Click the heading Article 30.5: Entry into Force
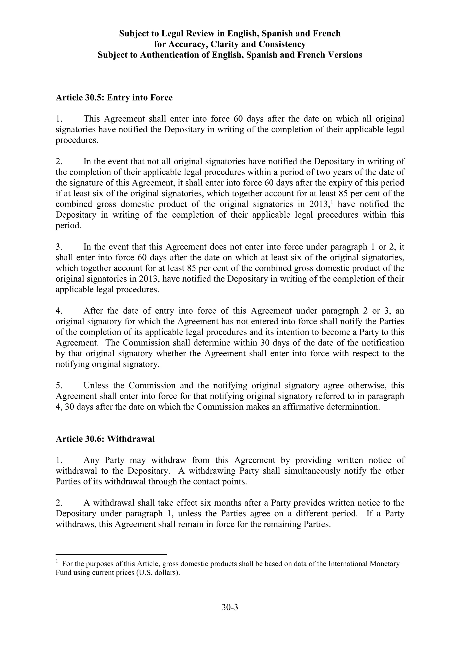114,98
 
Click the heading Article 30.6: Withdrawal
105,439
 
